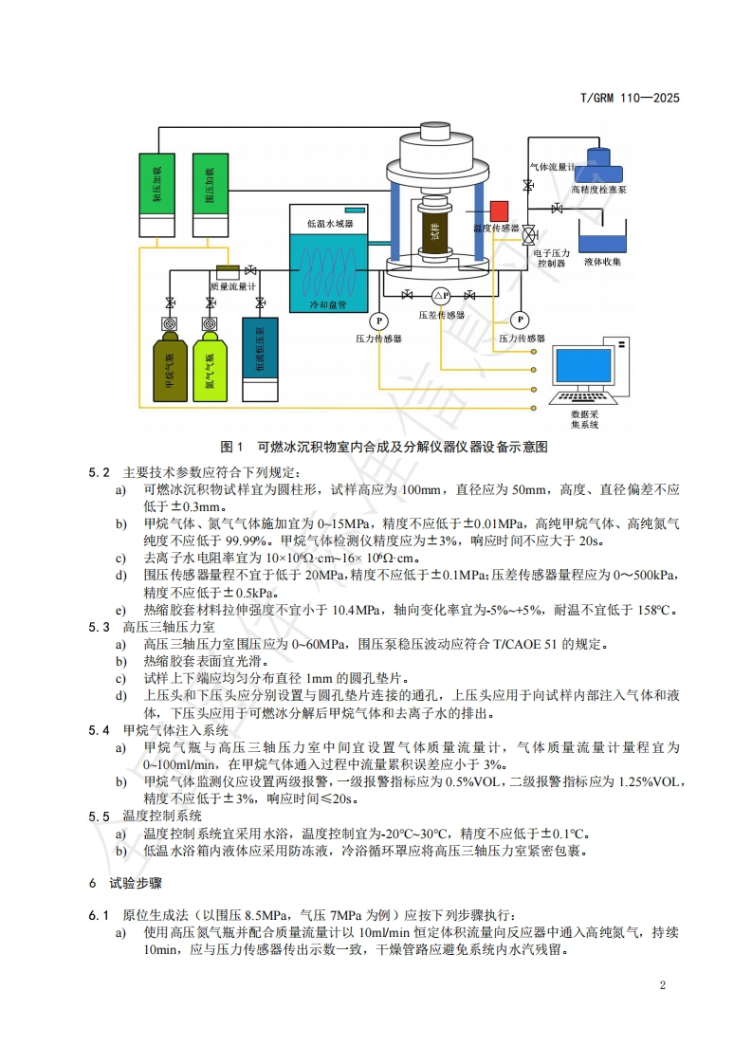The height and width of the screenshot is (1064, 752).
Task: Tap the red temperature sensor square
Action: pos(499,211)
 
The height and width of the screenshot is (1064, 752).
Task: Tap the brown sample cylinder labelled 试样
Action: pos(435,231)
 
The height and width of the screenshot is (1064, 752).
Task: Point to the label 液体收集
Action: pos(602,262)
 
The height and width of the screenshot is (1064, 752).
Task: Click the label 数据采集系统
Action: pos(584,419)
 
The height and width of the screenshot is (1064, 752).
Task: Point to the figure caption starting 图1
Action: pos(383,447)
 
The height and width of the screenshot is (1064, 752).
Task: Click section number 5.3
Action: pos(100,627)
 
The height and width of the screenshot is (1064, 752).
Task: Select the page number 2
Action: pos(663,984)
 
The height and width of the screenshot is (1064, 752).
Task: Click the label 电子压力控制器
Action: pos(552,259)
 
